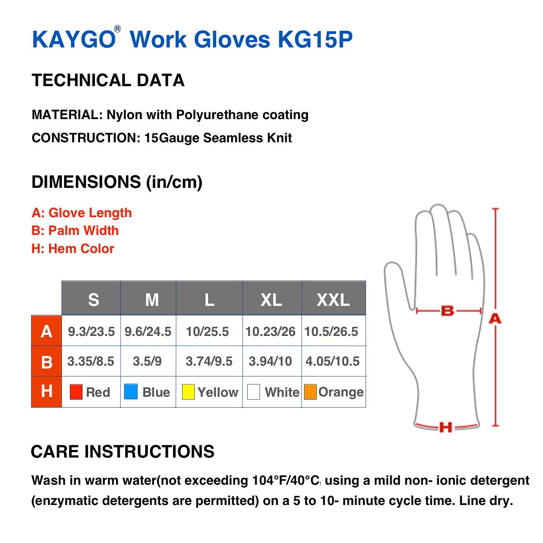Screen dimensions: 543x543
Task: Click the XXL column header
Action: pyautogui.click(x=333, y=300)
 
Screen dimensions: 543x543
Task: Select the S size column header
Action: pyautogui.click(x=93, y=300)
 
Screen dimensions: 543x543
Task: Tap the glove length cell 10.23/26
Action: pyautogui.click(x=270, y=332)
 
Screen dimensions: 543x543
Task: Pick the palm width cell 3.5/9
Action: pyautogui.click(x=147, y=361)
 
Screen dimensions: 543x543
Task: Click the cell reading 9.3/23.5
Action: pyautogui.click(x=91, y=332)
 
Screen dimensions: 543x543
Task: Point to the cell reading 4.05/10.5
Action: pyautogui.click(x=333, y=361)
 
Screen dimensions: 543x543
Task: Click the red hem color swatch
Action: pyautogui.click(x=76, y=392)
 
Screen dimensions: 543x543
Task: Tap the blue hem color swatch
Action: pyautogui.click(x=131, y=392)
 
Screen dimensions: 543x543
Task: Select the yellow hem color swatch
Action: pyautogui.click(x=188, y=392)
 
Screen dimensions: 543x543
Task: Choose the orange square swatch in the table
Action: pyautogui.click(x=310, y=392)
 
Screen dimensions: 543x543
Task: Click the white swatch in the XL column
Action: pyautogui.click(x=253, y=392)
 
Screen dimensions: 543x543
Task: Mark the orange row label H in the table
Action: pyautogui.click(x=47, y=392)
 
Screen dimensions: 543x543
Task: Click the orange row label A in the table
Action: pyautogui.click(x=47, y=331)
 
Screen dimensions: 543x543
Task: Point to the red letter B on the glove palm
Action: pyautogui.click(x=447, y=311)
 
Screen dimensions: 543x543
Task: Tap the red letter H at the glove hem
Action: pyautogui.click(x=446, y=427)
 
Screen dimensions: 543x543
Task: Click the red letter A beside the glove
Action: pyautogui.click(x=495, y=319)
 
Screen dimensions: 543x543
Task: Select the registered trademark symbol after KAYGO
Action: pyautogui.click(x=117, y=29)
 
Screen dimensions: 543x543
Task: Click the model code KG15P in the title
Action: pyautogui.click(x=315, y=39)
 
